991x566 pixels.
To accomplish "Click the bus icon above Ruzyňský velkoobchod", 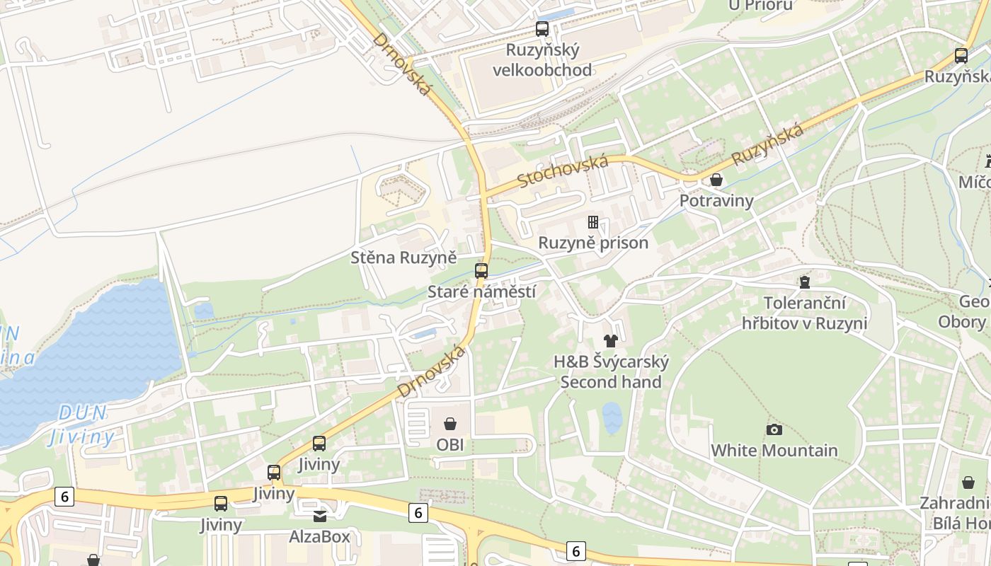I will coord(542,29).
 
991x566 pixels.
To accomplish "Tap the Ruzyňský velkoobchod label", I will coord(542,60).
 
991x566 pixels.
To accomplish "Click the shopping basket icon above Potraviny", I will coord(716,180).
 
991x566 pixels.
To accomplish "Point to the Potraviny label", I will coord(716,201).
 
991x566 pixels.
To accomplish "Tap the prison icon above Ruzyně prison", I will coord(593,222).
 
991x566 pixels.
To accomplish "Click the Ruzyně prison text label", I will coord(593,243).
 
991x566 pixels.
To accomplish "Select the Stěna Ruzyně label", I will coord(403,258).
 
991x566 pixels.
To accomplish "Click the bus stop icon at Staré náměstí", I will coord(481,270).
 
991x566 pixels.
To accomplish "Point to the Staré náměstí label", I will coord(481,291).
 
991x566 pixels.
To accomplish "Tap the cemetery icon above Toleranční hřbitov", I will coord(804,282).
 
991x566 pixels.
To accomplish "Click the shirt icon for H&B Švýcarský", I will coord(611,341).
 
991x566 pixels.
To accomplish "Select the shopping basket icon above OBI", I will coord(450,424).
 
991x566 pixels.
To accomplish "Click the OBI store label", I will coord(450,444).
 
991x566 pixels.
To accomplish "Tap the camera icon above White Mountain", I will coord(774,429).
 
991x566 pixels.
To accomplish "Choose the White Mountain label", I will coord(774,450).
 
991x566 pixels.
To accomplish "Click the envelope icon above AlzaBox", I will coord(320,516).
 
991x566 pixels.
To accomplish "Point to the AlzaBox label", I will coord(320,536).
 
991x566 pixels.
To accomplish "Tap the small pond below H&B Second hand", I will coord(612,417).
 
